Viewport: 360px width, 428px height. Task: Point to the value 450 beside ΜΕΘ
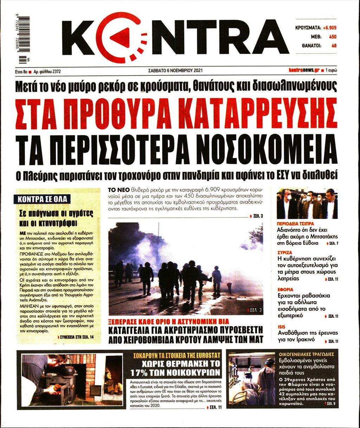click(x=332, y=37)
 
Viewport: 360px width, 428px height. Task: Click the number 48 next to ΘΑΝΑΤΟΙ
click(x=334, y=45)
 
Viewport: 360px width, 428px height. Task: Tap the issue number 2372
click(x=56, y=71)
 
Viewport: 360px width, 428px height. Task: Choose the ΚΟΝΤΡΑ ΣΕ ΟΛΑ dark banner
click(x=42, y=199)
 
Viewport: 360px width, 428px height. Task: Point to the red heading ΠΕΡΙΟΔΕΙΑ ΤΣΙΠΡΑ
click(x=295, y=224)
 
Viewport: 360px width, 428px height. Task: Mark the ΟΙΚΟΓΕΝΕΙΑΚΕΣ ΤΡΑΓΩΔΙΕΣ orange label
click(x=306, y=354)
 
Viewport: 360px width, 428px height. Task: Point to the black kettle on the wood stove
click(x=66, y=370)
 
